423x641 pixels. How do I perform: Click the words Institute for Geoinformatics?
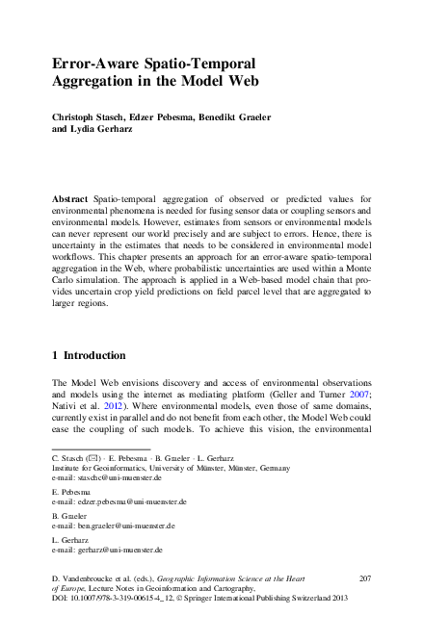94,467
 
